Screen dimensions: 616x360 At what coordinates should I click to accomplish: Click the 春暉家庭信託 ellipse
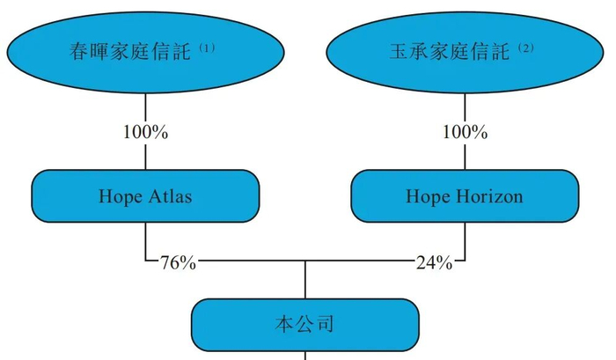coord(145,52)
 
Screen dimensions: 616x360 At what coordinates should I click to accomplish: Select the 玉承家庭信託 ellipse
coord(465,52)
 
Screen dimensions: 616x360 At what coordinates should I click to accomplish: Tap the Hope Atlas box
coord(145,196)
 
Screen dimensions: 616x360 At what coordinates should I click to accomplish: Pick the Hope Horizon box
coord(465,196)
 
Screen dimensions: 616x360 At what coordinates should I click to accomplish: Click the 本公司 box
coord(305,325)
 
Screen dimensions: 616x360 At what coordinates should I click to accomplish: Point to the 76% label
coord(178,262)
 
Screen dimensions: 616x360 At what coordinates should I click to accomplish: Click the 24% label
coord(434,262)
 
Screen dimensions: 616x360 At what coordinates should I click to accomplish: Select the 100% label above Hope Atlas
coord(145,132)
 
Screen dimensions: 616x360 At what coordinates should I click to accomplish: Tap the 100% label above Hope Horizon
coord(465,132)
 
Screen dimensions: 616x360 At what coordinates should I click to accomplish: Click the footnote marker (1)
coord(207,48)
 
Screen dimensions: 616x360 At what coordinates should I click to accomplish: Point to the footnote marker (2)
coord(526,48)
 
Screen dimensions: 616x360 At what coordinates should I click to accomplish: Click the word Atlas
coord(170,196)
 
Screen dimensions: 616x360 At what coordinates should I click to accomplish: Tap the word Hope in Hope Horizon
coord(429,197)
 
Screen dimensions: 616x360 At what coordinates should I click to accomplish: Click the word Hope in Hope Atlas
coord(121,197)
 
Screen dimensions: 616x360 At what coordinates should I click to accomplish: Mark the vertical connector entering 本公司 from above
coord(305,279)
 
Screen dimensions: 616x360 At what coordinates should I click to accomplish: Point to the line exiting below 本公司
coord(305,356)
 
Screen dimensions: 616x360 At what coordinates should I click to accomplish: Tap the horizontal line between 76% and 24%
coord(305,261)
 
